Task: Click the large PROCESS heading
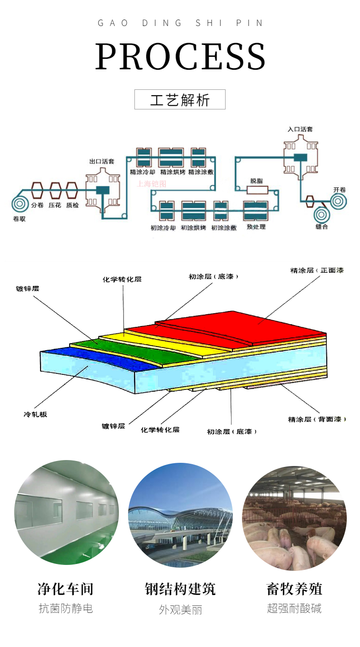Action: [x=180, y=57]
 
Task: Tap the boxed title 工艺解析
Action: [x=180, y=100]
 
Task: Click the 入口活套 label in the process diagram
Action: [x=300, y=129]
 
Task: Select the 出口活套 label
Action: [x=102, y=161]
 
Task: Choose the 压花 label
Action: [x=56, y=206]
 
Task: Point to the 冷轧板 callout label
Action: [x=35, y=414]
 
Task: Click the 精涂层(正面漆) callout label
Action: [x=317, y=270]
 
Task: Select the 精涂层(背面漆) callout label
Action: [x=317, y=419]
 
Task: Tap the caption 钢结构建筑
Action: [x=180, y=589]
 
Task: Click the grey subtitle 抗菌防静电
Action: [x=66, y=608]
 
